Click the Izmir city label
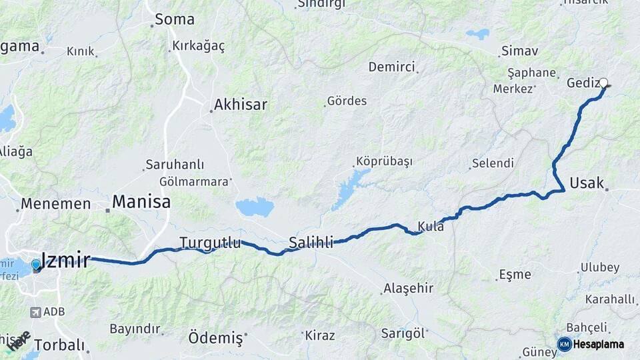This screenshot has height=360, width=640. click(65, 260)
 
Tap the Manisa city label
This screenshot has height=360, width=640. click(141, 201)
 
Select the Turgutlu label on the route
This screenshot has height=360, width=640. click(210, 243)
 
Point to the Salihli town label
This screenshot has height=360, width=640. click(311, 243)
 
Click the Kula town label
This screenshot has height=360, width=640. click(431, 225)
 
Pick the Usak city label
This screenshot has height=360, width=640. click(587, 183)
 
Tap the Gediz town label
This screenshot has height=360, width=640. click(581, 83)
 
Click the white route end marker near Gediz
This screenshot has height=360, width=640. click(604, 83)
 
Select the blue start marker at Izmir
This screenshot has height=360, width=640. click(36, 265)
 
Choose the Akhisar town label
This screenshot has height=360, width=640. click(240, 105)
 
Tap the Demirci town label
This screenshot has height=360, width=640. click(392, 67)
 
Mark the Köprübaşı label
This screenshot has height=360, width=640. click(385, 161)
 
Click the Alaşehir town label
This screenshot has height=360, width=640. click(408, 289)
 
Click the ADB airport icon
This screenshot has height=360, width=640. click(35, 311)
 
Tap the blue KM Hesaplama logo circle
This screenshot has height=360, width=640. click(565, 344)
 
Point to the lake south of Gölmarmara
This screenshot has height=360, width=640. click(255, 207)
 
